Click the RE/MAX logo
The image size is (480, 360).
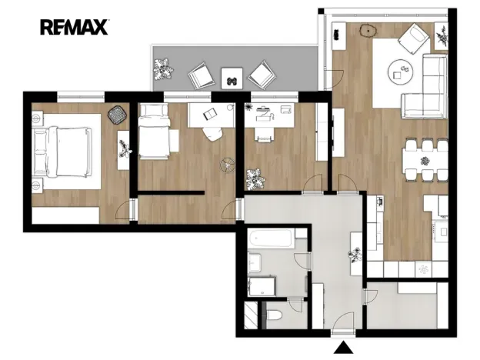click(x=75, y=28)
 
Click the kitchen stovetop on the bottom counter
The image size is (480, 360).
click(x=423, y=268)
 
